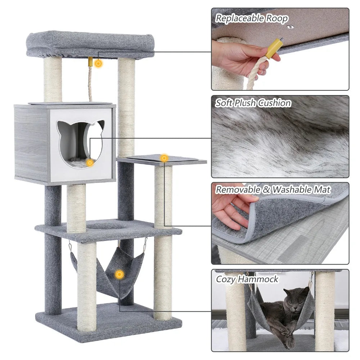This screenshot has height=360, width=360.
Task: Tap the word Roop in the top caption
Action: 277,18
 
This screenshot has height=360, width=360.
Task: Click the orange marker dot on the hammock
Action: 120,275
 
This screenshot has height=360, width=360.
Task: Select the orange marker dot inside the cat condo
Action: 90,163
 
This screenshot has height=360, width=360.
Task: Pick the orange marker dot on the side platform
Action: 164,158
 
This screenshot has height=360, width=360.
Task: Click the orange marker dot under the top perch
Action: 98,63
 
